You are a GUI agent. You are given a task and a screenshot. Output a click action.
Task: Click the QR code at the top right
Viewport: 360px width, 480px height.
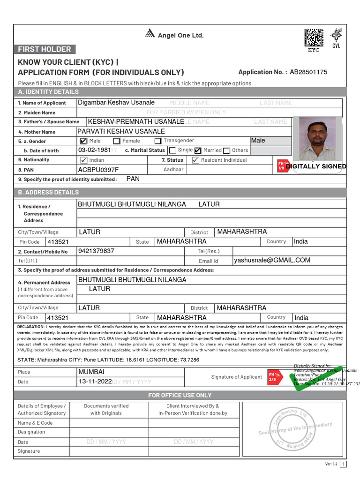pos(314,38)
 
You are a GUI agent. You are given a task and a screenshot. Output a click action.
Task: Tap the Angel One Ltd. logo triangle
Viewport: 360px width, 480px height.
pos(150,33)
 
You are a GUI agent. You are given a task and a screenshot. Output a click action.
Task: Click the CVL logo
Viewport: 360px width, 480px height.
pos(336,37)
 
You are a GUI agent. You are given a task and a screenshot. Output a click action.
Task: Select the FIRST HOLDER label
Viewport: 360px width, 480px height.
pos(45,49)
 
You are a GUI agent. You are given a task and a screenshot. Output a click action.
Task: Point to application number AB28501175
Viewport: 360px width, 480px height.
pos(308,72)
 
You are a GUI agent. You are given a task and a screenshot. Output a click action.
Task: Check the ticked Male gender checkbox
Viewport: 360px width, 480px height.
pos(83,141)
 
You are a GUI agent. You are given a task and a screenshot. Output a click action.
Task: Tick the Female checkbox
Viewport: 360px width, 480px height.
pos(116,141)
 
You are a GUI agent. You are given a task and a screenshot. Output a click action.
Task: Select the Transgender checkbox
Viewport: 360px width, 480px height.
pos(157,141)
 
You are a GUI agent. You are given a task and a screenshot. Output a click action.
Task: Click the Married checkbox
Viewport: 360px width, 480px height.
pos(197,150)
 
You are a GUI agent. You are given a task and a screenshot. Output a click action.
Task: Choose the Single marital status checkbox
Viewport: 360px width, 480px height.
pos(172,150)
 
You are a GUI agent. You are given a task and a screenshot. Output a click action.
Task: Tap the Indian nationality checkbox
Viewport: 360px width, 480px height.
pos(84,160)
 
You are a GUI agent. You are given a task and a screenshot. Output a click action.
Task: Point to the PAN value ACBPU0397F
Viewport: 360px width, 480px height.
pos(98,170)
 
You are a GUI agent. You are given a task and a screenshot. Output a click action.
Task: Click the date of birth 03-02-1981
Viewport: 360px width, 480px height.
pos(94,150)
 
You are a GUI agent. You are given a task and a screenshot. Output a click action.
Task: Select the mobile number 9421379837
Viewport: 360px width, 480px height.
pos(97,251)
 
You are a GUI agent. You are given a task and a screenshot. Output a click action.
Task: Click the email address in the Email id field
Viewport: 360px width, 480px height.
pos(272,260)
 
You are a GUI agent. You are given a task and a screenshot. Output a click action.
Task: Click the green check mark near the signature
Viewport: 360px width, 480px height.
pos(328,375)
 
